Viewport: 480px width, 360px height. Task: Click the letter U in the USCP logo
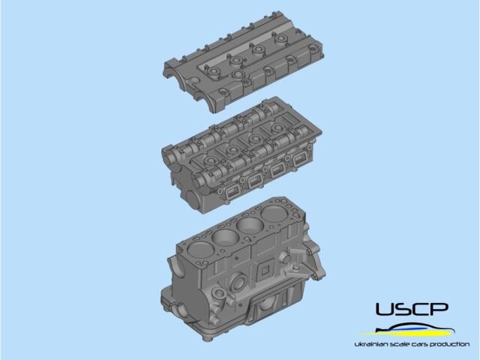(x=385, y=309)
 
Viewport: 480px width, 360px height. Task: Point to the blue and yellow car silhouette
(x=407, y=331)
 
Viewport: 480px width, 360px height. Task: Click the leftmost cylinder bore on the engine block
(x=199, y=250)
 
